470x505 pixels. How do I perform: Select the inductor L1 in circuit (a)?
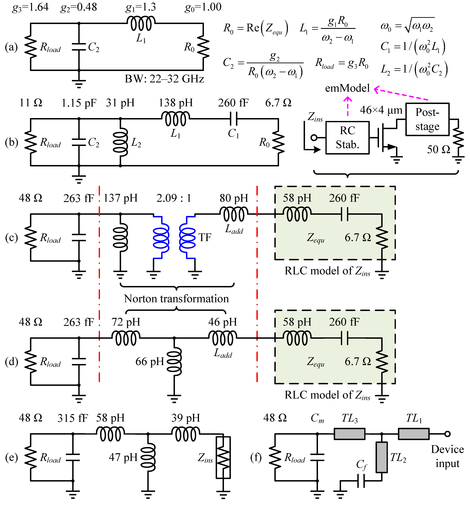coord(141,23)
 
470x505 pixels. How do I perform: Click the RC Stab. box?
coord(347,138)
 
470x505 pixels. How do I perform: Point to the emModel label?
coord(347,88)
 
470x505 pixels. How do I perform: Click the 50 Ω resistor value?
coord(438,149)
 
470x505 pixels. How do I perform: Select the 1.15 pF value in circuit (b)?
coord(79,103)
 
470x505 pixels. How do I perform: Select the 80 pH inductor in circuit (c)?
coord(234,214)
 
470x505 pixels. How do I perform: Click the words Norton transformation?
coord(176,299)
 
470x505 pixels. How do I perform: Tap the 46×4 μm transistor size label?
coord(381,110)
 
